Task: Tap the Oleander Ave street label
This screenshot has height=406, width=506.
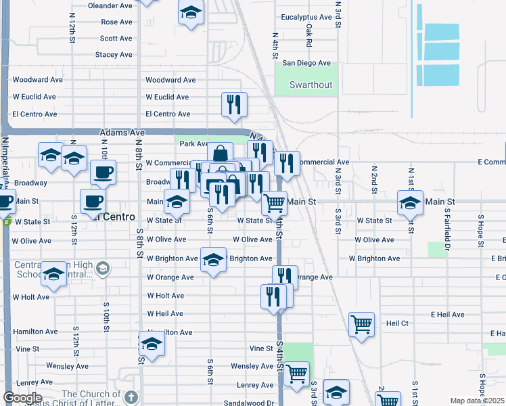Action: click(110, 5)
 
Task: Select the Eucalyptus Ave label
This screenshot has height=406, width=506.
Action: click(308, 17)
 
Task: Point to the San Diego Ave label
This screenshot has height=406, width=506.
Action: click(306, 64)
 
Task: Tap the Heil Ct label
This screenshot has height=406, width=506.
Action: click(397, 323)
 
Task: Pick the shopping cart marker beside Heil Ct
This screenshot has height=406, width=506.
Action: click(362, 324)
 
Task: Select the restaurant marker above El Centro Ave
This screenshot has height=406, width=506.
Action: click(234, 104)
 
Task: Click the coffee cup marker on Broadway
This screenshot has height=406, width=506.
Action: click(103, 172)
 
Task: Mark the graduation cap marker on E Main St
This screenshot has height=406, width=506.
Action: click(410, 202)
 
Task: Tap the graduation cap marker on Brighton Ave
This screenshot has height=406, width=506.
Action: click(212, 260)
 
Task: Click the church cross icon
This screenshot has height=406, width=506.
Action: click(131, 397)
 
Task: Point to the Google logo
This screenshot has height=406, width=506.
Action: click(22, 398)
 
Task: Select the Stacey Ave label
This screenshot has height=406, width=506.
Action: click(114, 55)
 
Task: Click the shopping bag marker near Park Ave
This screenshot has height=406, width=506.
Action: click(219, 154)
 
